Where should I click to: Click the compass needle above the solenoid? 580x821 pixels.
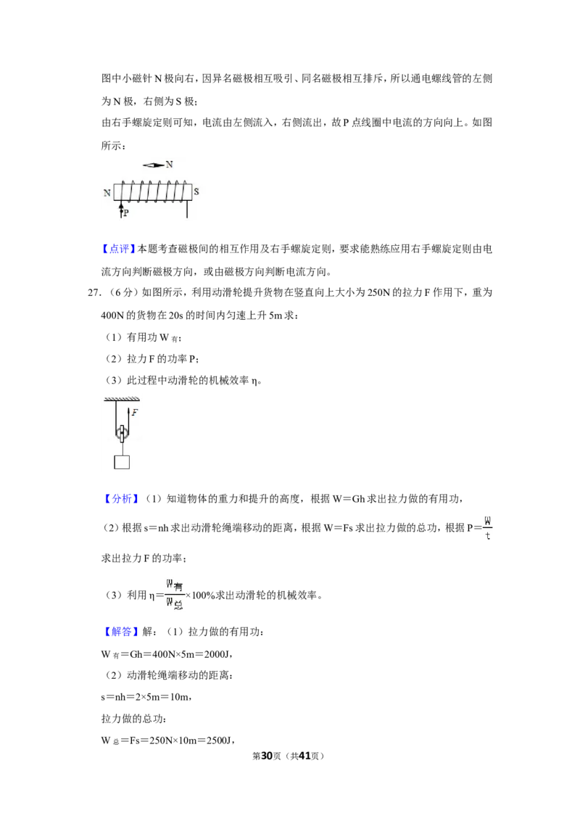(x=154, y=165)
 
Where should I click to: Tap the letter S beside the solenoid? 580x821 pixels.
(x=196, y=191)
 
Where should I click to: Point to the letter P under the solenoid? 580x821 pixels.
(x=125, y=213)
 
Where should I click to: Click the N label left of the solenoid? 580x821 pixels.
(x=107, y=193)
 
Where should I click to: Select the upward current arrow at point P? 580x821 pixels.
(x=121, y=210)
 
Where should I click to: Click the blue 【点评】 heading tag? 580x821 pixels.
(x=119, y=249)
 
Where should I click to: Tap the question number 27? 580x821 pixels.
(x=94, y=293)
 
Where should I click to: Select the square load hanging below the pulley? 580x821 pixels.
(x=122, y=462)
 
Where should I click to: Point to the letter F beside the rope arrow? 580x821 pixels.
(x=135, y=413)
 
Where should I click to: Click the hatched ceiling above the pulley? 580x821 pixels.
(x=122, y=400)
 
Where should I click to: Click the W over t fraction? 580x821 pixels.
(x=488, y=528)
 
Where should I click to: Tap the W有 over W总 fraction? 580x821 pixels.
(x=175, y=595)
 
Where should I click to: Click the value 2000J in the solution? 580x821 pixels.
(x=217, y=654)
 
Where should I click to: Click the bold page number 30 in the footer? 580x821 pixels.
(x=267, y=756)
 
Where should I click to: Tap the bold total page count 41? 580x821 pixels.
(x=304, y=756)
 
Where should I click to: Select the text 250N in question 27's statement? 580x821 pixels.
(x=379, y=293)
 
